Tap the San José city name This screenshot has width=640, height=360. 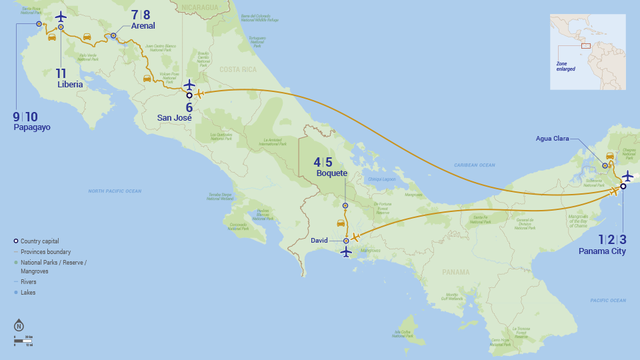[x=175, y=118]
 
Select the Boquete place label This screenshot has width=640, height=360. [x=332, y=173]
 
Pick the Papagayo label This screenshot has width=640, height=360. [x=32, y=127]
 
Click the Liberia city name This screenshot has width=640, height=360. [x=70, y=85]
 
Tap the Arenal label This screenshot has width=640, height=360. [x=143, y=26]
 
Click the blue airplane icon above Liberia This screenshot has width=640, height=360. [x=61, y=16]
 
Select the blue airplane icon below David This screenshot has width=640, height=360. [x=345, y=252]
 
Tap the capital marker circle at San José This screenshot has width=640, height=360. [x=189, y=95]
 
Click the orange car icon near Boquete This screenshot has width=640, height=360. [x=341, y=223]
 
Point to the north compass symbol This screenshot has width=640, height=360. [x=19, y=326]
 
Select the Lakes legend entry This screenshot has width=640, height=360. [x=28, y=292]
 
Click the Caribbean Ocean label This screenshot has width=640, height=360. [x=475, y=165]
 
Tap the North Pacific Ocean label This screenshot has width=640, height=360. [x=115, y=191]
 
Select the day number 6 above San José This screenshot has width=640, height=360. [x=189, y=107]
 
